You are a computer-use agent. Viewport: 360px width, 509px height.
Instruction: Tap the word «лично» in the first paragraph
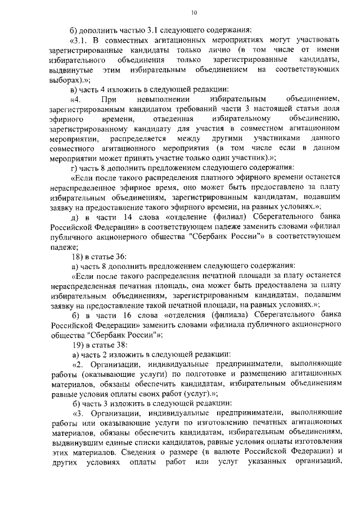point(202,49)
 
